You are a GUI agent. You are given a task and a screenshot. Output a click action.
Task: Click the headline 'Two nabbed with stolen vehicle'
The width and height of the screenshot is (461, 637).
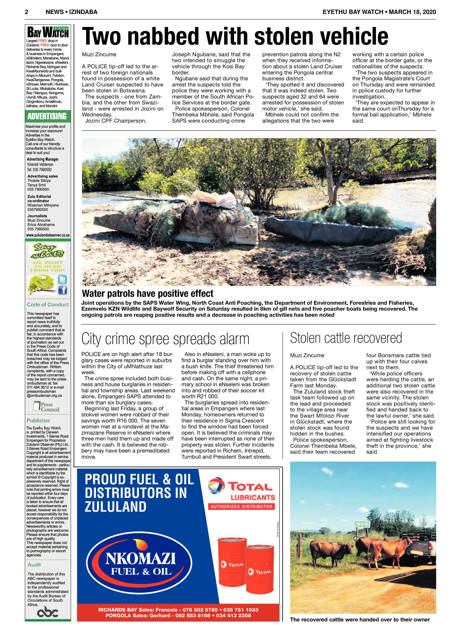pyautogui.click(x=235, y=36)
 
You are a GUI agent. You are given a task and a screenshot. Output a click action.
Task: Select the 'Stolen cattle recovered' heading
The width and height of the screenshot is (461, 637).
pyautogui.click(x=346, y=338)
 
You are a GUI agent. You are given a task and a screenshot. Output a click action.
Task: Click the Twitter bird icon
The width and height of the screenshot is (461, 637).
pyautogui.click(x=62, y=279)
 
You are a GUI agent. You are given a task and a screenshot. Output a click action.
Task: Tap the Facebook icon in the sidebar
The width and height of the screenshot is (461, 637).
pyautogui.click(x=62, y=289)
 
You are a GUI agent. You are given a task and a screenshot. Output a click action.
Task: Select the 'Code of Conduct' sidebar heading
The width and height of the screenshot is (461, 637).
pyautogui.click(x=48, y=304)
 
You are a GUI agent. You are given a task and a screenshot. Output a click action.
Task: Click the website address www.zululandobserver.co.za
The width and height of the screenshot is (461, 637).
pyautogui.click(x=48, y=235)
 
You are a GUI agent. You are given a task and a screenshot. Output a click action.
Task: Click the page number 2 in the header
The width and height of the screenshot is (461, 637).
pyautogui.click(x=27, y=12)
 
